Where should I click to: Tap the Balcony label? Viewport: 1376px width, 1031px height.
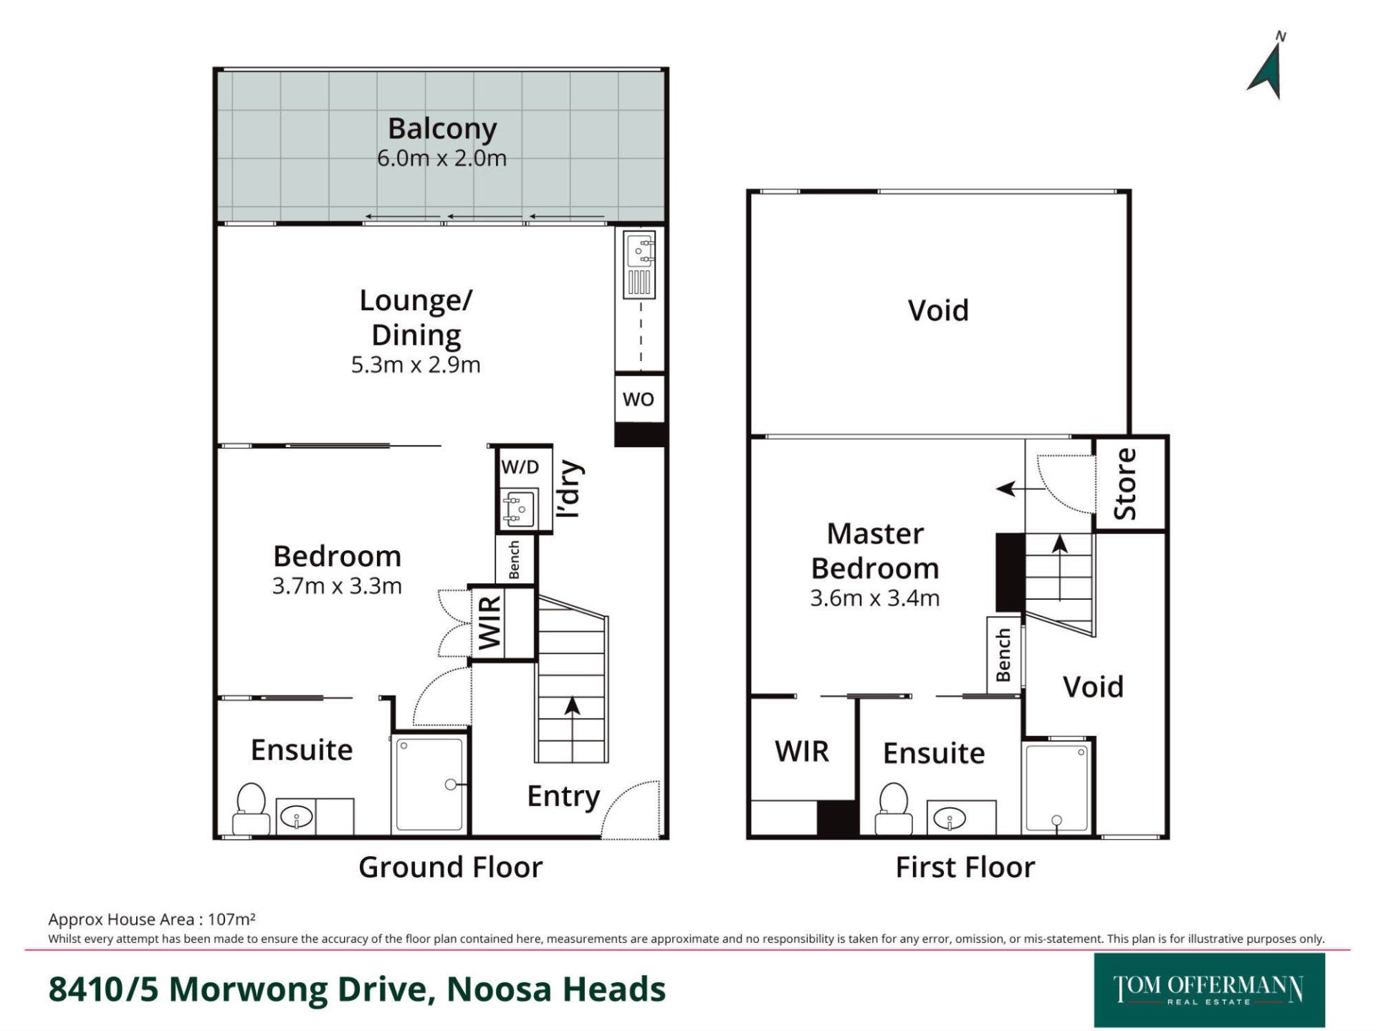pyautogui.click(x=442, y=128)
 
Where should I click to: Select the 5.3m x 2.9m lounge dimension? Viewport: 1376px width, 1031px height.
pyautogui.click(x=416, y=365)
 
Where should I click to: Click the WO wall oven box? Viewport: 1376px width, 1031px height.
pyautogui.click(x=639, y=399)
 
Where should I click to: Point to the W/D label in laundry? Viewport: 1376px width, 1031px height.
pyautogui.click(x=520, y=467)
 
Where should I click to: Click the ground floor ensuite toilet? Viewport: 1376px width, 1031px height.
pyautogui.click(x=251, y=808)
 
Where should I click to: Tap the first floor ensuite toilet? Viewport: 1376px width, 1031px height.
pyautogui.click(x=894, y=808)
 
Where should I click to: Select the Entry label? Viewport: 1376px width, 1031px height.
pyautogui.click(x=564, y=796)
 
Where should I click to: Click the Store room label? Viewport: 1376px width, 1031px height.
pyautogui.click(x=1125, y=484)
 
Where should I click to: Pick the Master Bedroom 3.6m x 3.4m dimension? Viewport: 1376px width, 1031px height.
pyautogui.click(x=874, y=598)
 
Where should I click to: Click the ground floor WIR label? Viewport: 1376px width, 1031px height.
pyautogui.click(x=489, y=623)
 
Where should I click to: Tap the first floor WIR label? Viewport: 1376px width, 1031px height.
pyautogui.click(x=802, y=752)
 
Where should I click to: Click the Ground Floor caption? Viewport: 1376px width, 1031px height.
pyautogui.click(x=451, y=867)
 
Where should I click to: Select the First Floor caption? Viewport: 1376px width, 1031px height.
pyautogui.click(x=965, y=867)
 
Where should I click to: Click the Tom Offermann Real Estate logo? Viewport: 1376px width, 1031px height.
pyautogui.click(x=1209, y=990)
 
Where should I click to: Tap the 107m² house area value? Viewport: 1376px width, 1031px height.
pyautogui.click(x=231, y=919)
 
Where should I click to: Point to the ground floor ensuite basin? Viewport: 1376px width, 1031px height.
pyautogui.click(x=296, y=816)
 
